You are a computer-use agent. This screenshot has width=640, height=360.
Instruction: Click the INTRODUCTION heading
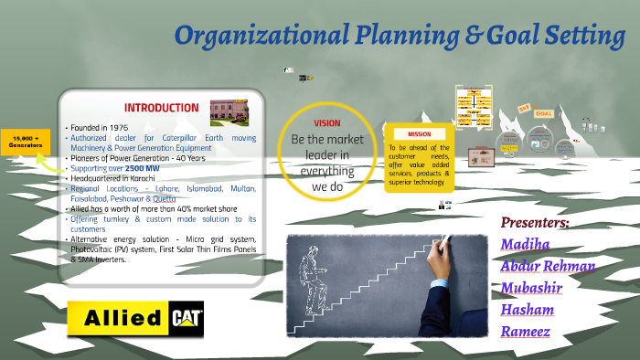(x=161, y=107)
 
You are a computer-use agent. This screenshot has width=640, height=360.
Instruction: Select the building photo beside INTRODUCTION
(x=229, y=111)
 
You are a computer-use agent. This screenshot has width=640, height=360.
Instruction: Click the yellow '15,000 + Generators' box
(x=25, y=143)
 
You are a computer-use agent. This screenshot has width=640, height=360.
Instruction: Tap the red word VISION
(x=326, y=122)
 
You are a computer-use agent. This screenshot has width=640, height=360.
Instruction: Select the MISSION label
(x=419, y=134)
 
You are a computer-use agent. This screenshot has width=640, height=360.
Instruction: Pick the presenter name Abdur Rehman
(x=548, y=266)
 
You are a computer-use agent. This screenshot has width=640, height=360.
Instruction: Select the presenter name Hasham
(x=528, y=310)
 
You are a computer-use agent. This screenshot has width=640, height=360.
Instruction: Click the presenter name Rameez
(x=525, y=331)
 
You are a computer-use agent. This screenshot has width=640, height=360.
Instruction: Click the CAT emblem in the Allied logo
(x=187, y=320)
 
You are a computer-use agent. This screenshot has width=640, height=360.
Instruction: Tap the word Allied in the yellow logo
(x=123, y=320)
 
